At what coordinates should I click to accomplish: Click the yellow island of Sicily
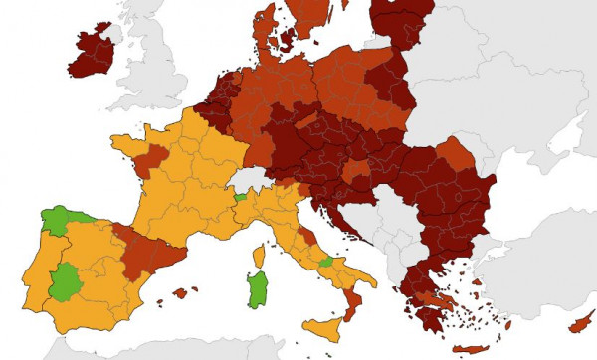pos(322,326)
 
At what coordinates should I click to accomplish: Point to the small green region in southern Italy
pos(326,263)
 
